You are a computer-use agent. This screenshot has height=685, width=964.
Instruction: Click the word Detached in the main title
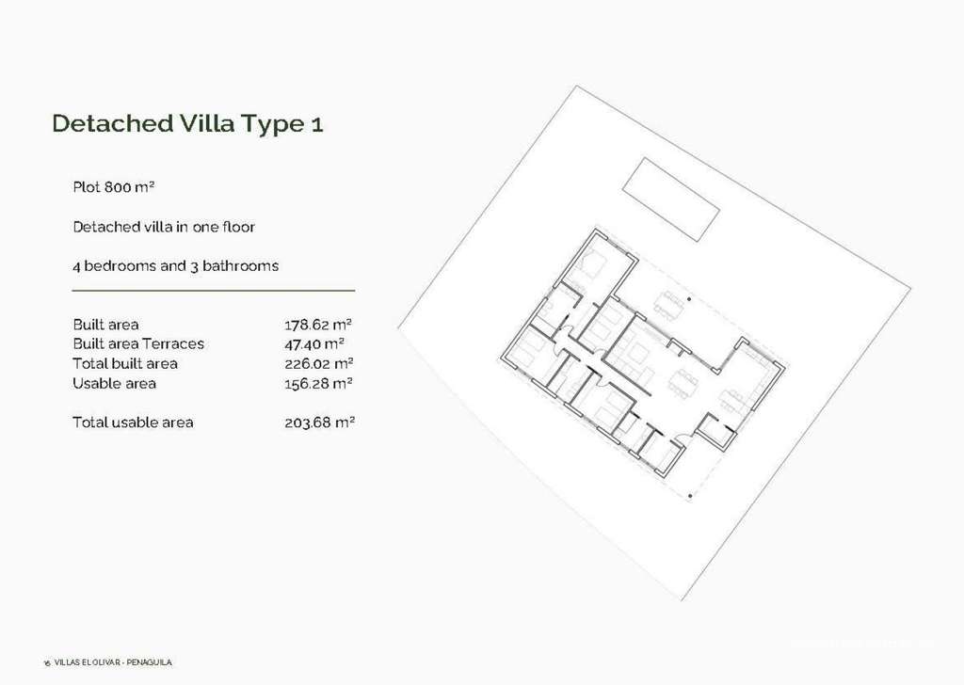113,123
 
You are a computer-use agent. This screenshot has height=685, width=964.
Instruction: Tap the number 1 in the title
316,124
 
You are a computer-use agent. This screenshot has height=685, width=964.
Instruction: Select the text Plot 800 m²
114,186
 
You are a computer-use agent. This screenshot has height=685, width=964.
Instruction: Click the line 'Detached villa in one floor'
164,227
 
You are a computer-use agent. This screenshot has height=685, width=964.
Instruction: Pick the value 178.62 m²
318,324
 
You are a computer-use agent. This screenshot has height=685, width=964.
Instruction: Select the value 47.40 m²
314,343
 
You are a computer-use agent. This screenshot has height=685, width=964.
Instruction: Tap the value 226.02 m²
319,363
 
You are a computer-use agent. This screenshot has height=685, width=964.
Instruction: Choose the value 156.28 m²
318,383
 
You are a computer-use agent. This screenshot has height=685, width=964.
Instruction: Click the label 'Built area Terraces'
138,343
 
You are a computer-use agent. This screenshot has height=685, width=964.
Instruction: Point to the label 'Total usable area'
133,422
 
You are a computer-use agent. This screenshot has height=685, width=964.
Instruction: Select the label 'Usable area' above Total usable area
114,383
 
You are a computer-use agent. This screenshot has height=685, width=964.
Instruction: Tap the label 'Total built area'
125,363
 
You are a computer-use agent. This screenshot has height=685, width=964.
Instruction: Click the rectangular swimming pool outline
670,199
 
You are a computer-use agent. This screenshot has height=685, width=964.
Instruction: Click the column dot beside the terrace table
689,299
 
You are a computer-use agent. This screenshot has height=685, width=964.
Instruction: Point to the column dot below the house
690,496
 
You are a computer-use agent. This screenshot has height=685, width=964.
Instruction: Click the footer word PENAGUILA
150,662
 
